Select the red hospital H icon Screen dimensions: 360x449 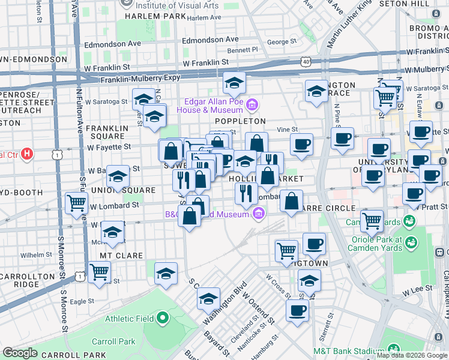click(x=26, y=155)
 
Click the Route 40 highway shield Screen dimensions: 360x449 click(x=307, y=61)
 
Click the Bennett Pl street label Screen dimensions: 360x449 click(x=243, y=50)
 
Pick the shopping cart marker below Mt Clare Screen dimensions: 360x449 click(x=99, y=271)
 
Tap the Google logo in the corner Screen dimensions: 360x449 click(x=20, y=353)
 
